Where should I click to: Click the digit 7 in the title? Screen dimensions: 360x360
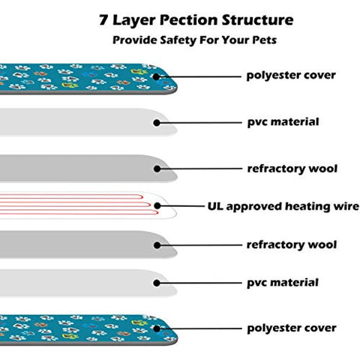(x=103, y=19)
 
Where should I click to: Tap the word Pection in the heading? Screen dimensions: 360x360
(x=189, y=20)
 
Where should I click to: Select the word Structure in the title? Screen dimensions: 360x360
(x=258, y=20)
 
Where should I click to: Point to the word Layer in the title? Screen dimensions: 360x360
(x=133, y=20)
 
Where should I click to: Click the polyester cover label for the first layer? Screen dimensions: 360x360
(x=291, y=75)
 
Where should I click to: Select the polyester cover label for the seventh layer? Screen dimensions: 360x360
(x=292, y=328)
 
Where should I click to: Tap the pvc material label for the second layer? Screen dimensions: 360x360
(x=283, y=122)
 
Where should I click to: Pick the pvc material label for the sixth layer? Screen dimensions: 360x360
(x=283, y=283)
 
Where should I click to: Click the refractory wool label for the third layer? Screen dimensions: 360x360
(x=292, y=169)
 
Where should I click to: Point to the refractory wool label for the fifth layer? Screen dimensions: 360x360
(x=292, y=244)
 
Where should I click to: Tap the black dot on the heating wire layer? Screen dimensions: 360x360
(x=157, y=205)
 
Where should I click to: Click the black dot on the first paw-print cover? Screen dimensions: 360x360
(x=157, y=76)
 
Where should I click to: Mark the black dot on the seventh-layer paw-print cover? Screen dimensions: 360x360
(x=157, y=328)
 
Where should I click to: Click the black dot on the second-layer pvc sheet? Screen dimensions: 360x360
(x=157, y=123)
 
